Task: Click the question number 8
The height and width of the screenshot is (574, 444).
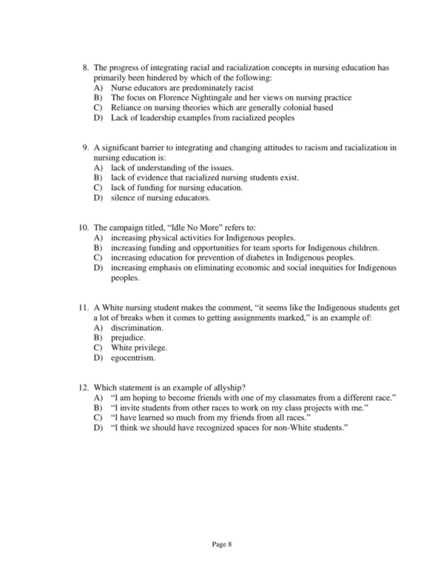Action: pyautogui.click(x=84, y=68)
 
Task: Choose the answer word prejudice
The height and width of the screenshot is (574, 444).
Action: pyautogui.click(x=128, y=337)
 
